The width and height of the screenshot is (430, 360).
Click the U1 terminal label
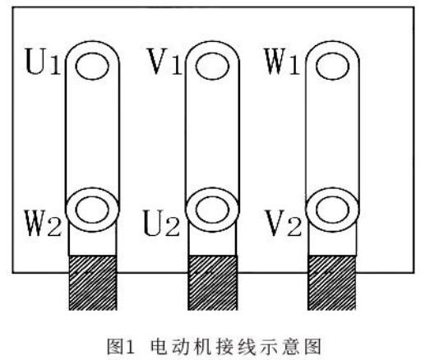tap(43, 62)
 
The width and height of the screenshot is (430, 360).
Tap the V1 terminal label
tap(164, 61)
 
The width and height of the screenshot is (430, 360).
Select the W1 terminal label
tap(282, 61)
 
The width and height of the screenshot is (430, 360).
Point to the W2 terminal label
tap(43, 223)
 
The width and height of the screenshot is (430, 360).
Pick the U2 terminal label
tap(162, 223)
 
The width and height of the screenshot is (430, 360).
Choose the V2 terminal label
tap(284, 223)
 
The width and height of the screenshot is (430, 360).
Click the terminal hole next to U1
tap(92, 66)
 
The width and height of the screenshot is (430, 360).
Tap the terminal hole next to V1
tap(212, 66)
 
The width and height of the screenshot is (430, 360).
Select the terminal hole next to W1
tap(333, 66)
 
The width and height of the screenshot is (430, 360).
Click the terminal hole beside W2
tap(92, 210)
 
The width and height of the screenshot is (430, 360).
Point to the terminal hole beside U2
tap(212, 210)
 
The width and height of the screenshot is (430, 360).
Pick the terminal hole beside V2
tap(333, 210)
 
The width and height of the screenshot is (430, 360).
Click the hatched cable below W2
tap(93, 283)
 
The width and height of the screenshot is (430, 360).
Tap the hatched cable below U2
tap(212, 283)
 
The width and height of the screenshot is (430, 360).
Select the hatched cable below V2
tap(332, 283)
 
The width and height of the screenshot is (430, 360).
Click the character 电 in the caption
tap(159, 347)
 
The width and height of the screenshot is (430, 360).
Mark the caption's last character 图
tap(312, 347)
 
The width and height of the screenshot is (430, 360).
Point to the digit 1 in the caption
tap(130, 347)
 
